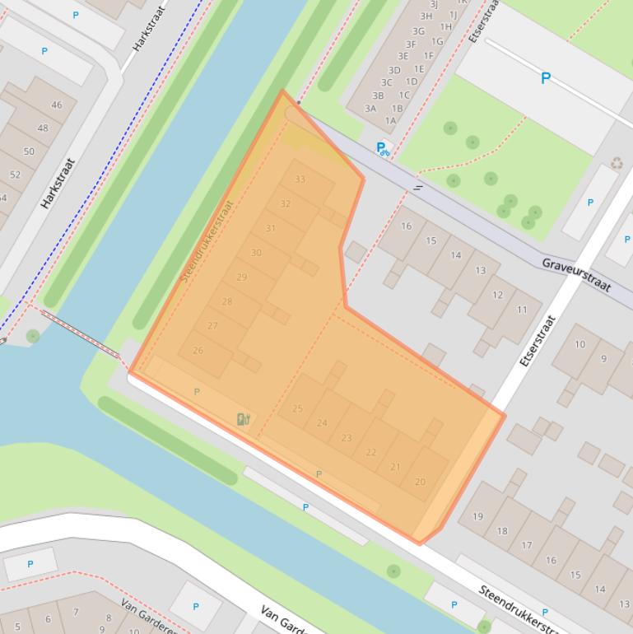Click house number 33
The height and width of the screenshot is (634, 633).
[300, 179]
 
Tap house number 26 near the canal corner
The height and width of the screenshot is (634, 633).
[198, 351]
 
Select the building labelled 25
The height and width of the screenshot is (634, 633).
[297, 408]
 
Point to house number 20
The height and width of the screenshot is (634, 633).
[420, 482]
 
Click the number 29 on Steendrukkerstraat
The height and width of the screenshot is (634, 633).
[241, 277]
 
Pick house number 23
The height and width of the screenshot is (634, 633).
[347, 438]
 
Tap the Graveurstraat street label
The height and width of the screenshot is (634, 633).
[576, 274]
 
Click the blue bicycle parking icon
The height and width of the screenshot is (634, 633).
[383, 149]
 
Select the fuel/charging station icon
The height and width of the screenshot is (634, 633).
[243, 419]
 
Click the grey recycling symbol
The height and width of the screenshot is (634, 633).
[617, 163]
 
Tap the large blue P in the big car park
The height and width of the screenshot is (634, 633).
[545, 79]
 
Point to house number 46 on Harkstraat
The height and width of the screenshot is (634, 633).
[56, 105]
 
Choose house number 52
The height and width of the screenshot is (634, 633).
[15, 175]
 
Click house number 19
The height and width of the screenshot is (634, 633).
[477, 517]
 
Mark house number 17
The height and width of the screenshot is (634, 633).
[526, 545]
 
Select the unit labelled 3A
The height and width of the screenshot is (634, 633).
[370, 109]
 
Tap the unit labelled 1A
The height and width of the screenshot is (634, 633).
[390, 120]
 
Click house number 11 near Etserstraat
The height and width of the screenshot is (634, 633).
[522, 310]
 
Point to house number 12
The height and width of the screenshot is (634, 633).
[497, 295]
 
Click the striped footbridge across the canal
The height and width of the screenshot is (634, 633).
[81, 333]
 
